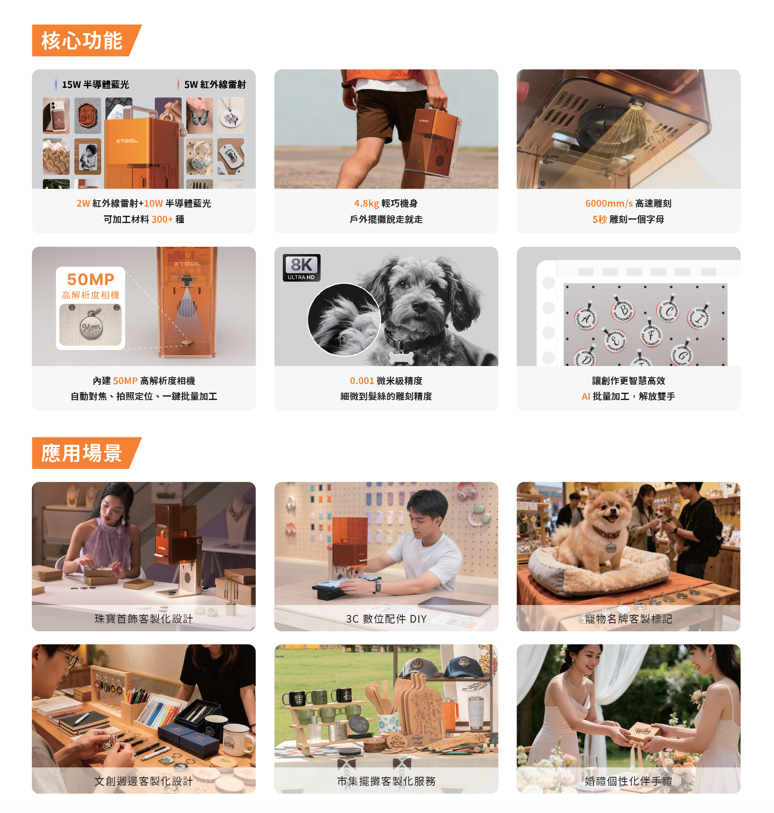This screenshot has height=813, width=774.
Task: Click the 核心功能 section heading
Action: pos(82,40)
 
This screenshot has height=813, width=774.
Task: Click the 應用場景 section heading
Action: pos(82,453)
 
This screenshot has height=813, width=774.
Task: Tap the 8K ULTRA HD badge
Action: pos(301,267)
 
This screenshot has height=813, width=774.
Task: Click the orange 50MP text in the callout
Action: pos(90,279)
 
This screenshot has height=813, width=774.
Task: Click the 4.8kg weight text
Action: pos(366,203)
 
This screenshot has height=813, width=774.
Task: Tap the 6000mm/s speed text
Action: pos(609,203)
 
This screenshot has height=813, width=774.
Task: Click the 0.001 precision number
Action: pos(362,381)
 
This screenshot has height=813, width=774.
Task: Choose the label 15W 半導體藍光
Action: pos(95,84)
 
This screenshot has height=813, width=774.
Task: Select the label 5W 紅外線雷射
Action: pos(215,84)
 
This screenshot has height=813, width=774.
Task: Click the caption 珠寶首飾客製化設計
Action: pos(143,619)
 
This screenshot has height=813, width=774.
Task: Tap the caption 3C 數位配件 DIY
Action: pos(386,619)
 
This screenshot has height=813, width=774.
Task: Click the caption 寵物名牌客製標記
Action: pos(628,619)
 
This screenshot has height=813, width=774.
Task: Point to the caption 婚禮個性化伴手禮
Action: pos(628,781)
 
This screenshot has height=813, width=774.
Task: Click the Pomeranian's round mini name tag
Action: pos(611,547)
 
